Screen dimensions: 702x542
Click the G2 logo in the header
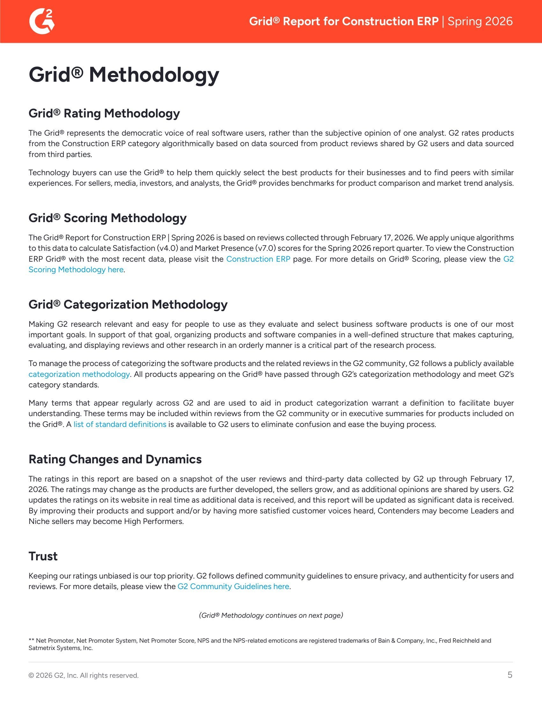pos(42,21)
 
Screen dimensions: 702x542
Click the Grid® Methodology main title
pos(124,75)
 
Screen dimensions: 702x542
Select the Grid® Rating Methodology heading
pos(104,113)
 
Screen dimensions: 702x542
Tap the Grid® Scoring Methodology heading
pos(107,218)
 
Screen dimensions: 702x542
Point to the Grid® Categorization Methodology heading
pos(128,304)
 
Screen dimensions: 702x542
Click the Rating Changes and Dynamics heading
pos(115,459)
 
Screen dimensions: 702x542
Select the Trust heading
pos(43,556)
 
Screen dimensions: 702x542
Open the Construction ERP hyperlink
pos(258,259)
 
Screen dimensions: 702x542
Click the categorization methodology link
pos(79,374)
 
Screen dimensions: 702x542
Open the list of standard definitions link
pos(120,424)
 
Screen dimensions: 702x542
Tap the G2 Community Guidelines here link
pos(233,586)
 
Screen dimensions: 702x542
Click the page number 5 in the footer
pos(509,675)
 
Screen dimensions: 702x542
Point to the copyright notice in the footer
pos(84,675)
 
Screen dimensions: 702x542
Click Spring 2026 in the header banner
pos(480,21)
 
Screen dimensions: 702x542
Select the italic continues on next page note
pos(271,615)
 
